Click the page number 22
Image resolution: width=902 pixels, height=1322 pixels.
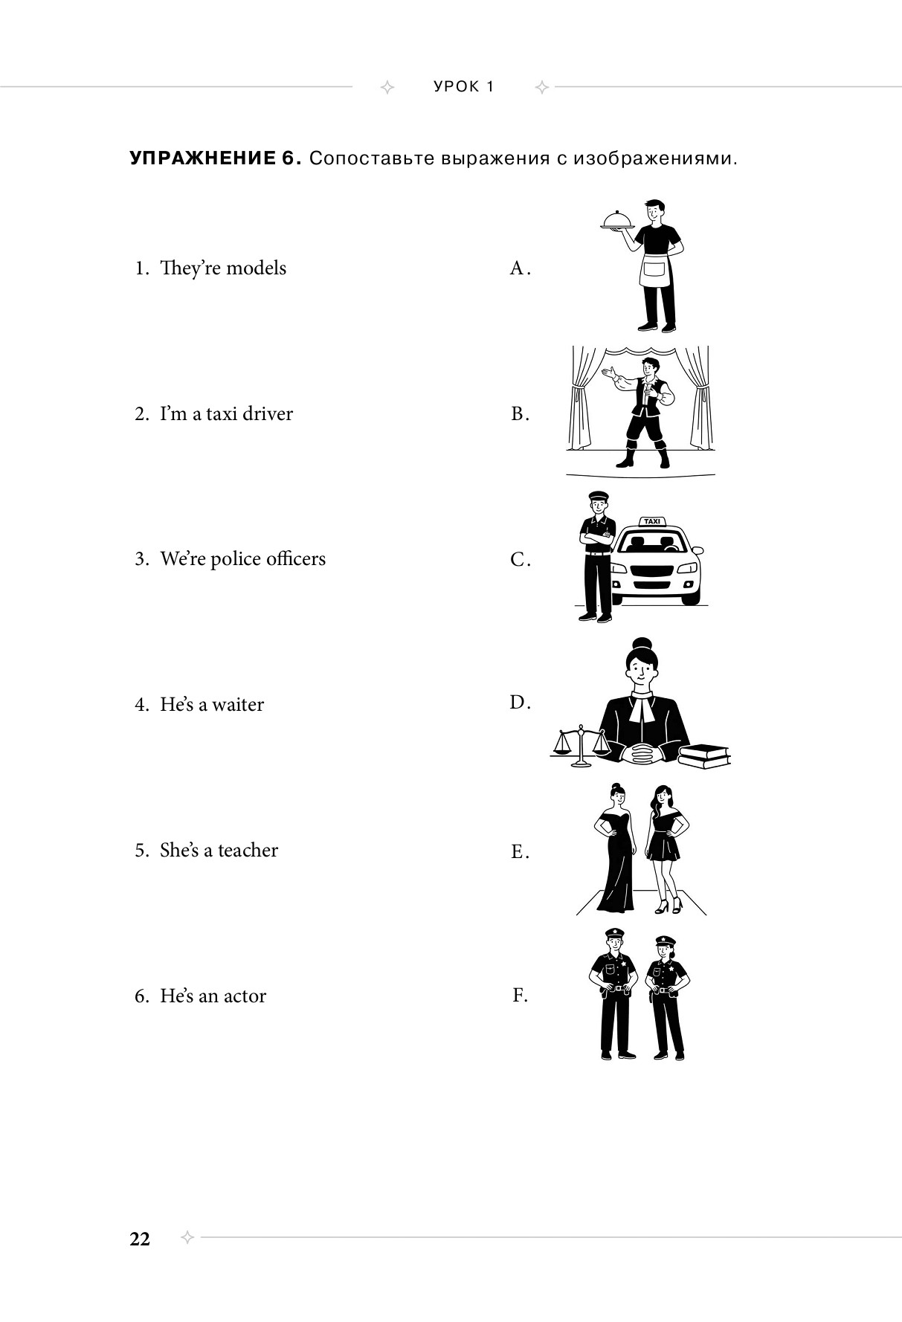point(140,1239)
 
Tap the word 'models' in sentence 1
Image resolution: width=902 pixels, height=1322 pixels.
point(256,268)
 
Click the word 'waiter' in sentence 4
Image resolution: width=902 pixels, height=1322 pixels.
point(238,704)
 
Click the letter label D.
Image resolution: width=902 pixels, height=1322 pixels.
point(519,702)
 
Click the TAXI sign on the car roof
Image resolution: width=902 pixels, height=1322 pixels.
point(651,521)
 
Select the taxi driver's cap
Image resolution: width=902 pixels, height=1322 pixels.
point(599,496)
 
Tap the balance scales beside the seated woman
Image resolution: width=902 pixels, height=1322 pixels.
point(580,747)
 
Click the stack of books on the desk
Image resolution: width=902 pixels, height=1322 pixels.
point(703,755)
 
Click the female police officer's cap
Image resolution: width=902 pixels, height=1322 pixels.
point(666,942)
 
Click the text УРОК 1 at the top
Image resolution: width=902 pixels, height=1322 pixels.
point(464,86)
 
